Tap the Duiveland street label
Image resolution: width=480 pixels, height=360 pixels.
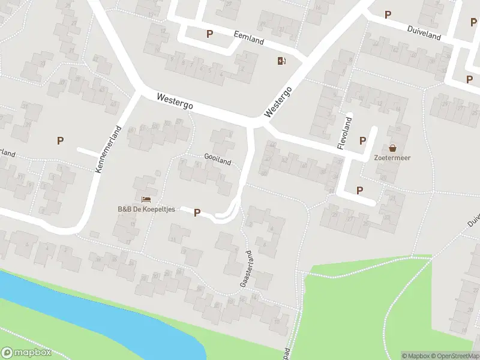click(424, 33)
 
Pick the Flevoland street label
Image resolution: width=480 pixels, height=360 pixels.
click(343, 133)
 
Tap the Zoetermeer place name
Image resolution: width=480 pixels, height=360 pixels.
click(392, 158)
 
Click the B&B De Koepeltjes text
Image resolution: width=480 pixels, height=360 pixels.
click(145, 209)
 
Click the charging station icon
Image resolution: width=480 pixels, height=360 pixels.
click(281, 60)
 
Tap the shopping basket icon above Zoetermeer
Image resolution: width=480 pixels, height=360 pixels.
click(393, 148)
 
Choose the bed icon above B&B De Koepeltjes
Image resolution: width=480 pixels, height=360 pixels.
click(145, 199)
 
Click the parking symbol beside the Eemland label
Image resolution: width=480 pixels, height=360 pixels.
click(209, 34)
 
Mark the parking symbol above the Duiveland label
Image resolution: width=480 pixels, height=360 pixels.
click(388, 14)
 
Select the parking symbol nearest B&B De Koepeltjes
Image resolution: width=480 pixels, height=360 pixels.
click(197, 212)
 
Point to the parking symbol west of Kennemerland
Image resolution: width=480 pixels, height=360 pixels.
click(60, 140)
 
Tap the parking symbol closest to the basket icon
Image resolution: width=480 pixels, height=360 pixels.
click(362, 140)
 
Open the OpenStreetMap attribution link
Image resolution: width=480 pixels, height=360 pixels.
click(455, 356)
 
